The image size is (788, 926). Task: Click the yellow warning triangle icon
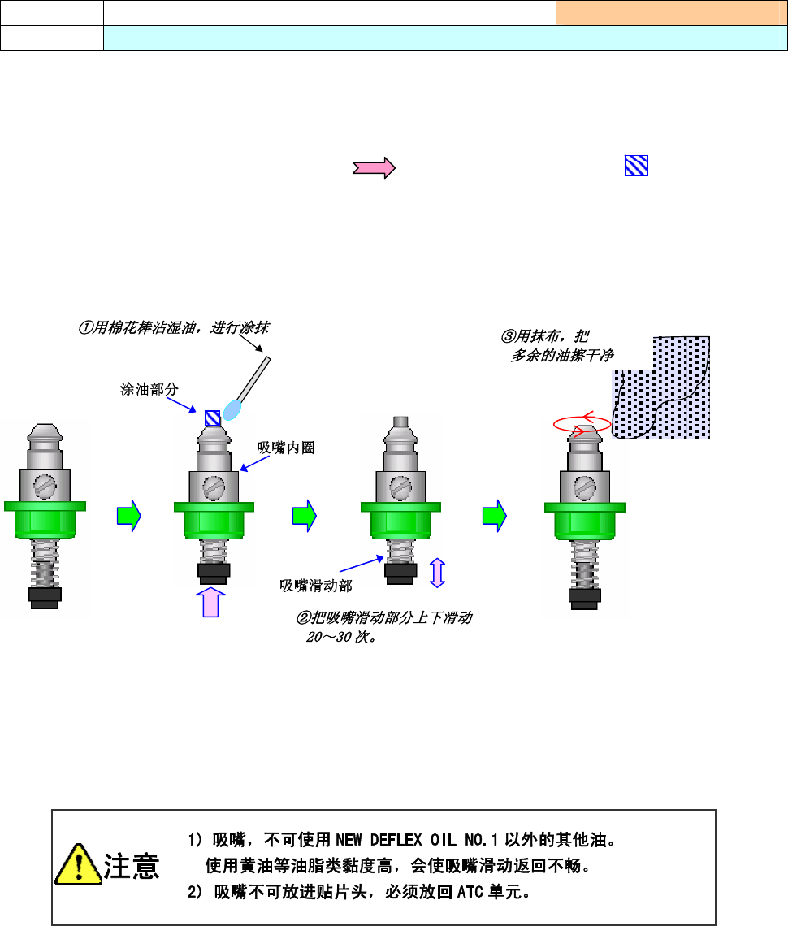[x=77, y=867]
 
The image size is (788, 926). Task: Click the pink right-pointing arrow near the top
[x=373, y=168]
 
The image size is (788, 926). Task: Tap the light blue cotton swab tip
[x=233, y=409]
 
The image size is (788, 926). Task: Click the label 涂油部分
[x=149, y=390]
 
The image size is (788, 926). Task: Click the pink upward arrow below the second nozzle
[x=210, y=603]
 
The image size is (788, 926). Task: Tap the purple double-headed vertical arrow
[x=437, y=572]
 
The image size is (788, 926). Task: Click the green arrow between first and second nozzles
[x=129, y=515]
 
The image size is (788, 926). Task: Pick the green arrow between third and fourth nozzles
[x=494, y=515]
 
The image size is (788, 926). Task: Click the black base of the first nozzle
[x=43, y=597]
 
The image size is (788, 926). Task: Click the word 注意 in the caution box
[x=131, y=868]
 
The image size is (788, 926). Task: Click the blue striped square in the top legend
[x=636, y=167]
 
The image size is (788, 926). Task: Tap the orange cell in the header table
[x=671, y=12]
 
